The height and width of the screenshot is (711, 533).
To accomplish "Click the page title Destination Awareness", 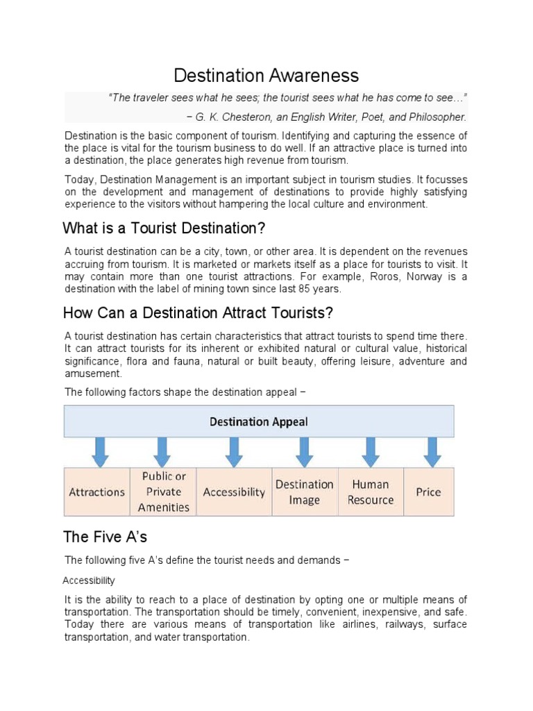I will coord(266,75).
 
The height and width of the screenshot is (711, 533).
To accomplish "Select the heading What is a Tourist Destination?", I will coord(164,228).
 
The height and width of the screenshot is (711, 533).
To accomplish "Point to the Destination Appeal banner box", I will coord(259,421).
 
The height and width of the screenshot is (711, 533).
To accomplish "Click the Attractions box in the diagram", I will coord(97,492).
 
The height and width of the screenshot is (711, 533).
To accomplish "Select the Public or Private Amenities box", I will coord(164,492).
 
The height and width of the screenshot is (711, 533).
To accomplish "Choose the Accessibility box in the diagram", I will coord(234,492).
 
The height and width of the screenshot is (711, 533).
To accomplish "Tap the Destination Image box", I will coord(304,492).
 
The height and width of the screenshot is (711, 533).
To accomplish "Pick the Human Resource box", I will coord(371,492).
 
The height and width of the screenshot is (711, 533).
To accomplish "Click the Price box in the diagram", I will coord(428,492).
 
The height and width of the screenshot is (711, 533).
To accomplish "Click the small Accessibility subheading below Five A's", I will coord(89,580).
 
